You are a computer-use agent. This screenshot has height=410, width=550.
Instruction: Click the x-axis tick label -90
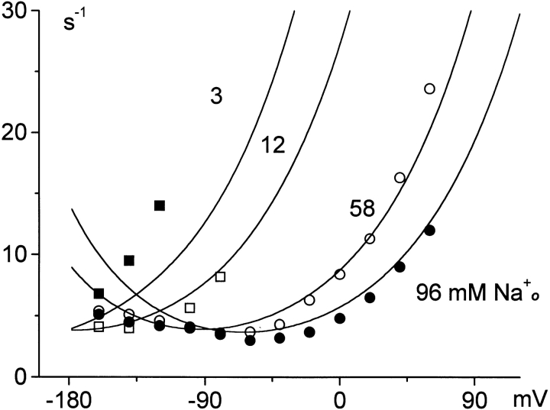pyautogui.click(x=201, y=399)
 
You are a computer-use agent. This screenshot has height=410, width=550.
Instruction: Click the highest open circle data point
pyautogui.click(x=429, y=89)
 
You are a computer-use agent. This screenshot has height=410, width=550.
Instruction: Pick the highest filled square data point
pyautogui.click(x=160, y=205)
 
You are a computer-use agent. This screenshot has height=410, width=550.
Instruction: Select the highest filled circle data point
pyautogui.click(x=429, y=231)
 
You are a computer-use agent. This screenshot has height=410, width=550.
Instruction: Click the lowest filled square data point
pyautogui.click(x=99, y=294)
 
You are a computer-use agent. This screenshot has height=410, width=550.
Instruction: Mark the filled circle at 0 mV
pyautogui.click(x=340, y=318)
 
